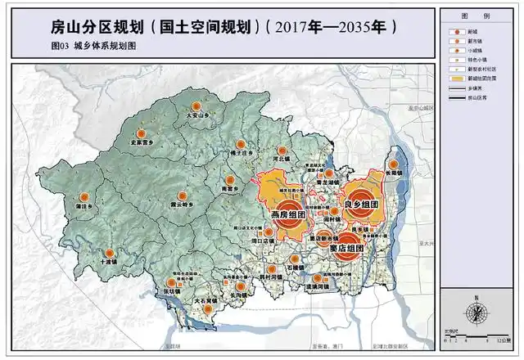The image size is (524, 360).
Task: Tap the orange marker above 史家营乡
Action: pyautogui.click(x=141, y=133)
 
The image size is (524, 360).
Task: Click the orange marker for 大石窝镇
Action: pyautogui.click(x=206, y=293)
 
